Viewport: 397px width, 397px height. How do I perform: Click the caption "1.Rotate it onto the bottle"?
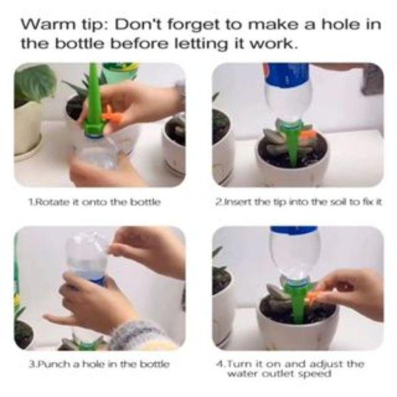point(95,202)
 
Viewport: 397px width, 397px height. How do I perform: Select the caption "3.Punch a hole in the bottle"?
point(99,364)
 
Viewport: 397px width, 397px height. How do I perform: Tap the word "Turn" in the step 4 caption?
point(239,364)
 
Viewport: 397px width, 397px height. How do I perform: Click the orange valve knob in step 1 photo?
point(110,113)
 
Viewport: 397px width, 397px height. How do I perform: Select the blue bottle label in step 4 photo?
point(294,230)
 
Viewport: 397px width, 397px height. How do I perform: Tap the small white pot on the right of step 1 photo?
point(175,147)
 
